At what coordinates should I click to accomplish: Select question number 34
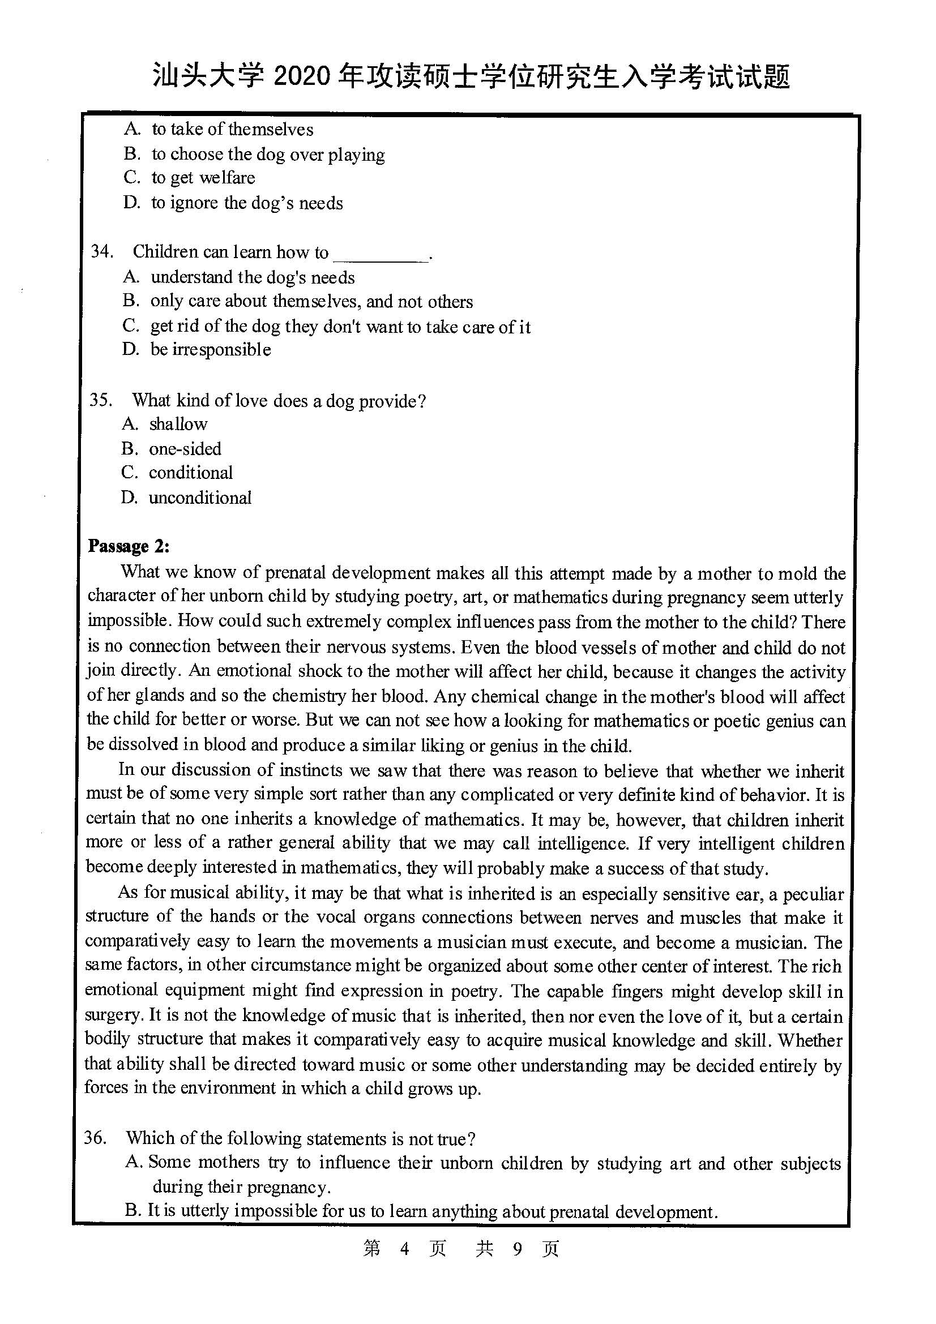click(101, 252)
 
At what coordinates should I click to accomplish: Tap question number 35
click(100, 400)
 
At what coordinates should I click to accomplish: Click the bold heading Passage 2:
click(129, 546)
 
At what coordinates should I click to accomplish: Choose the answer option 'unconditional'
click(199, 498)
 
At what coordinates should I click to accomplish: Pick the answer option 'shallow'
click(178, 424)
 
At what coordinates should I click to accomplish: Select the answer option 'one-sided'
click(185, 449)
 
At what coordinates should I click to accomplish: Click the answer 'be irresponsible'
click(211, 349)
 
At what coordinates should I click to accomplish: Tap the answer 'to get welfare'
click(203, 178)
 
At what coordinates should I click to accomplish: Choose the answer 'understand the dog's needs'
click(253, 277)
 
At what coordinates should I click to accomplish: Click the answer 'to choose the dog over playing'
click(268, 154)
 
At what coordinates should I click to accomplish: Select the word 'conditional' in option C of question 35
click(191, 473)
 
